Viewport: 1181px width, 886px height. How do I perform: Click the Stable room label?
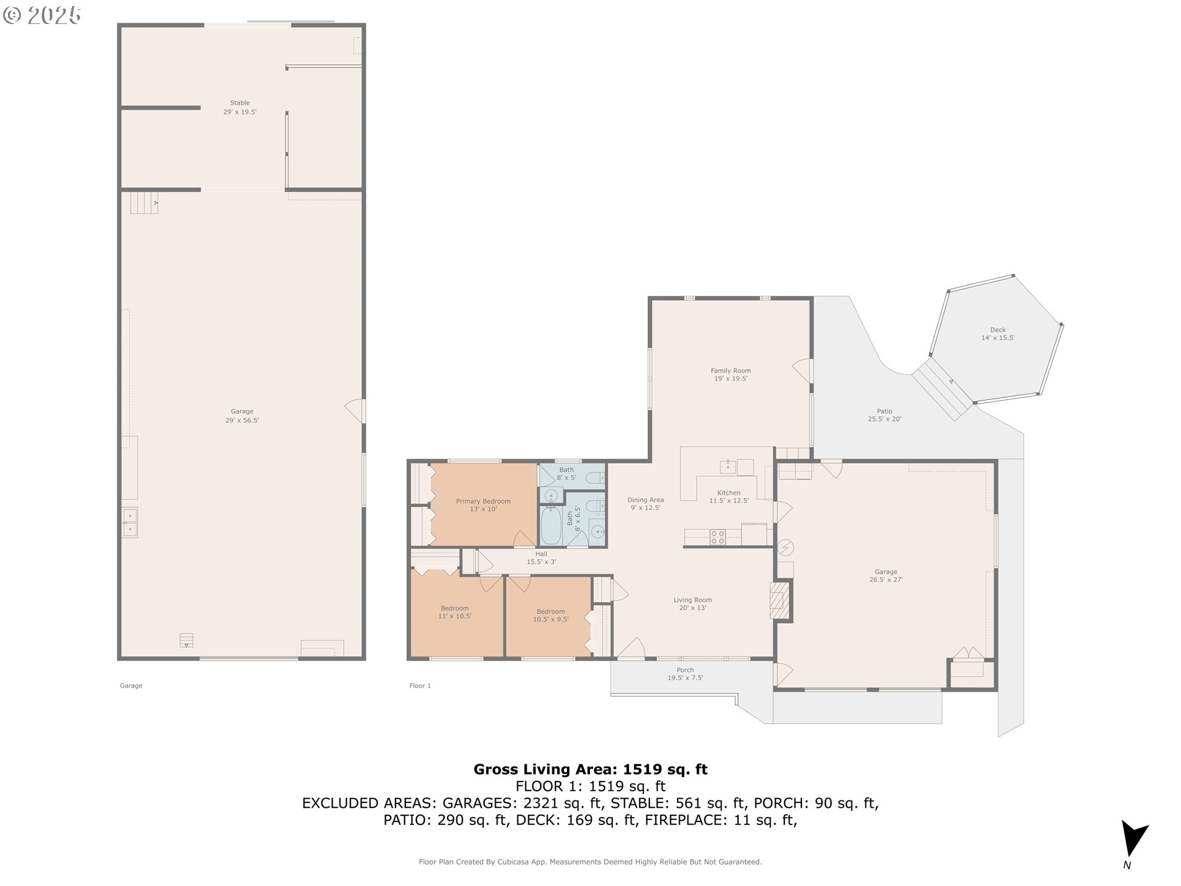coord(240,107)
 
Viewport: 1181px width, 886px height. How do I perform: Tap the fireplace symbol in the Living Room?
coord(779,600)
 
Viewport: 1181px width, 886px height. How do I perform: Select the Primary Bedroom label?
coord(483,505)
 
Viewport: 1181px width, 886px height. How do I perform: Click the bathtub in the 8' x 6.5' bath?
coord(551,525)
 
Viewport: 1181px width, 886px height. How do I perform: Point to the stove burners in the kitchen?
coord(717,537)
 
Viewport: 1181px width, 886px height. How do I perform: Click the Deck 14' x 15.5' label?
coord(998,333)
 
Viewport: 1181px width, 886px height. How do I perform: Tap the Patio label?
coord(885,415)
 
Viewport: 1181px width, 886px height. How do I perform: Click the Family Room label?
coord(730,374)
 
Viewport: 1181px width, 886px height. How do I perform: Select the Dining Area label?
coord(645,503)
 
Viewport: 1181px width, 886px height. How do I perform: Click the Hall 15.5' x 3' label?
coord(541,557)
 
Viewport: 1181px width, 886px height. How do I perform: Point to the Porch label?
coord(685,674)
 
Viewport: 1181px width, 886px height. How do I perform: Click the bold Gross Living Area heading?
coord(590,769)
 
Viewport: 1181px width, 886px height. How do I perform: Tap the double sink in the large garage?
coord(129,522)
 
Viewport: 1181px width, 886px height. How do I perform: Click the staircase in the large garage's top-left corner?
coord(144,202)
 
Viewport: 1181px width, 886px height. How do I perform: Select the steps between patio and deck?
coord(941,389)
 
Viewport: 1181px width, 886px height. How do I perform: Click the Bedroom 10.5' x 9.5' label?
coord(551,615)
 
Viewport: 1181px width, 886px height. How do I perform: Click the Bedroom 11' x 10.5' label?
coord(455,612)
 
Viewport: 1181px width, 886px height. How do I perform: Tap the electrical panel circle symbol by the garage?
coord(785,547)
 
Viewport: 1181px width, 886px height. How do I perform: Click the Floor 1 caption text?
coord(420,685)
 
